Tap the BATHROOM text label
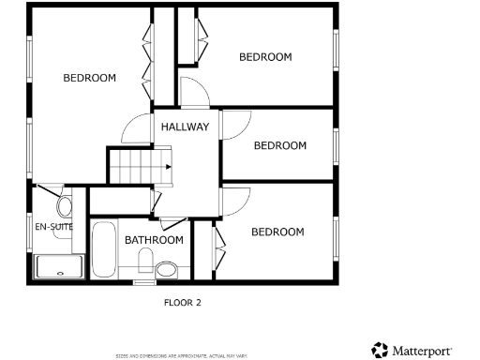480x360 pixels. pos(155,240)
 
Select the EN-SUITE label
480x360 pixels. pos(54,226)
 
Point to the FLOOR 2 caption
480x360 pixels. pos(183,303)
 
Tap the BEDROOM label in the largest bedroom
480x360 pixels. pos(90,78)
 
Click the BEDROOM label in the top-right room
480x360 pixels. pos(265,57)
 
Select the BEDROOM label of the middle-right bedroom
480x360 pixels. pos(280,145)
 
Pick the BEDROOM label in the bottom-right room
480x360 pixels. pos(277,232)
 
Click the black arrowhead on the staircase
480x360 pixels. pos(168,167)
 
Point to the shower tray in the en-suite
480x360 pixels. pos(59,268)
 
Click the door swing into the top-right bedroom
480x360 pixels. pos(194,94)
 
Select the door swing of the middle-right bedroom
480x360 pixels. pos(233,125)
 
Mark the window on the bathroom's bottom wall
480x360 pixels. pos(143,281)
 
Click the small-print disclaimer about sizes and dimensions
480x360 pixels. pos(181,355)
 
